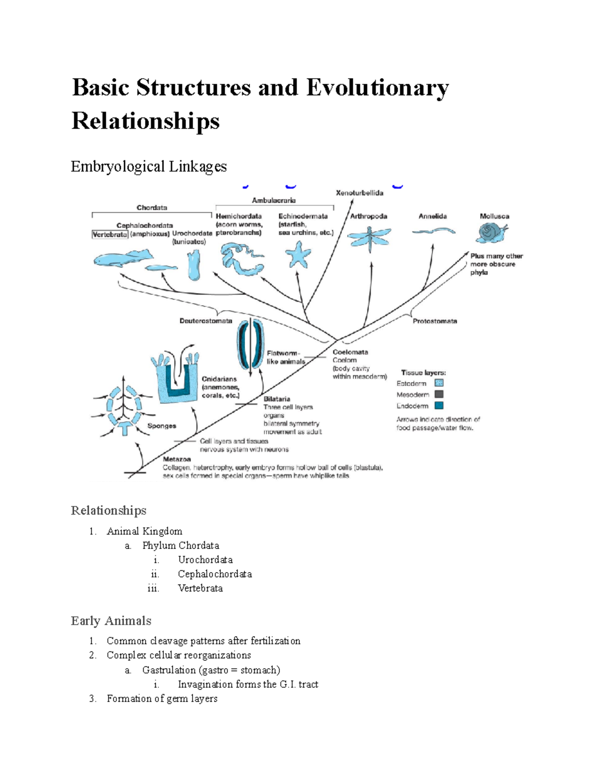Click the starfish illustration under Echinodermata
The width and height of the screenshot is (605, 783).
298,255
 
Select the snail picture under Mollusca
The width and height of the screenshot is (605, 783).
491,233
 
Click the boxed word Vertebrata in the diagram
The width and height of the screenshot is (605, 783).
110,234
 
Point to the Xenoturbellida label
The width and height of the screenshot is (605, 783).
359,193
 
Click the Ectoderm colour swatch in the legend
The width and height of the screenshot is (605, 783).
439,383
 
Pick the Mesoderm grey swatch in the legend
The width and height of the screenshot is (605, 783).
439,394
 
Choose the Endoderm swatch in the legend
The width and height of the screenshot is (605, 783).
439,405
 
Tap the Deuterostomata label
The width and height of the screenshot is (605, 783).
206,321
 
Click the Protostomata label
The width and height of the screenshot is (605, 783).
435,321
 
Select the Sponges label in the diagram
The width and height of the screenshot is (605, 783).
161,426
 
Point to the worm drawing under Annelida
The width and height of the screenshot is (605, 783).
433,231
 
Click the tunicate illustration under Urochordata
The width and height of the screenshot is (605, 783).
194,265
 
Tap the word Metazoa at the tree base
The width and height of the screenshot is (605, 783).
177,459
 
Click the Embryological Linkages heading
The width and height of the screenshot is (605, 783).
149,166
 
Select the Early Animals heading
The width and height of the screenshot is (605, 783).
111,621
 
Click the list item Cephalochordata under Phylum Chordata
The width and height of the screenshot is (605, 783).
215,574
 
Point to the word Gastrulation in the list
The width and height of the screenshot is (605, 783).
169,670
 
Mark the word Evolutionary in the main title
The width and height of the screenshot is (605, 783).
377,88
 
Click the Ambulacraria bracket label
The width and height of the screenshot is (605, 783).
274,200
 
